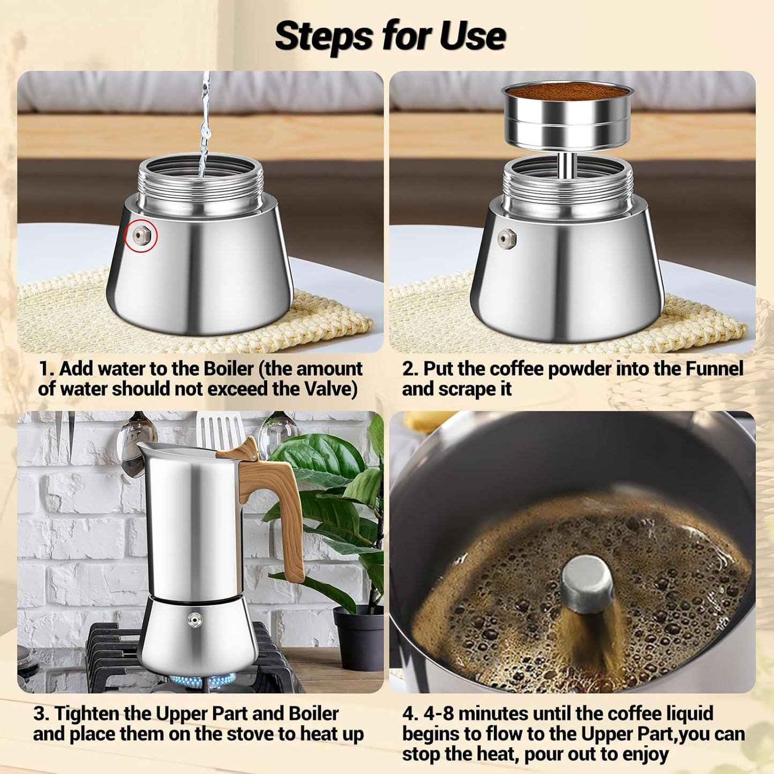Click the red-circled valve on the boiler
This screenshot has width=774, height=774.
click(x=141, y=236)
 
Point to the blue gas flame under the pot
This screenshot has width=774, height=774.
click(x=202, y=681)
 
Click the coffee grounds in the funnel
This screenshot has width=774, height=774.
click(x=568, y=92)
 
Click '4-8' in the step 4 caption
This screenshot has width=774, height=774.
click(x=438, y=714)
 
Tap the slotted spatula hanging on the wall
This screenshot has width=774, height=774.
click(x=220, y=431)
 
